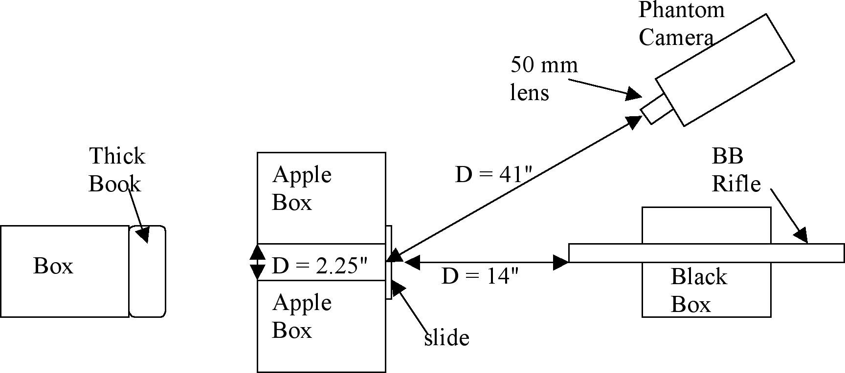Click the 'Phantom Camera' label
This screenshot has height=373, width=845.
point(681,23)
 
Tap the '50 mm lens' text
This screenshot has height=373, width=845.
point(543,78)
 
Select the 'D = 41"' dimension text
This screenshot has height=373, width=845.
point(493,174)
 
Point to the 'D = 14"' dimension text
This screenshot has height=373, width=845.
point(479,276)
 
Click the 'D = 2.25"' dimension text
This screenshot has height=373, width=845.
point(319,266)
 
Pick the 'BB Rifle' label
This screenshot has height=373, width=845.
point(736,170)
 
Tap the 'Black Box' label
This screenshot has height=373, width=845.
point(698,290)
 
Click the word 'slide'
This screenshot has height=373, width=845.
point(446,337)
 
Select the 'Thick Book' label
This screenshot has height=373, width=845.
point(116,170)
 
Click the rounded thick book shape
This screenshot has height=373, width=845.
point(147,271)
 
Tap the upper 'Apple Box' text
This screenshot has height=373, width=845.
point(301,188)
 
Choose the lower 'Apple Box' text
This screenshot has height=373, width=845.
point(301,316)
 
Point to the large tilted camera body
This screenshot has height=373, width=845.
point(725,70)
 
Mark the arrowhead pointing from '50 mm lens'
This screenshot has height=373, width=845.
point(634,94)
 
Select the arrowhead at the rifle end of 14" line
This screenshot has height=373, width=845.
point(561,262)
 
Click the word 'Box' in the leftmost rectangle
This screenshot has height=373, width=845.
point(53,266)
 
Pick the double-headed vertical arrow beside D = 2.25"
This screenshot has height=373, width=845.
point(257,262)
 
